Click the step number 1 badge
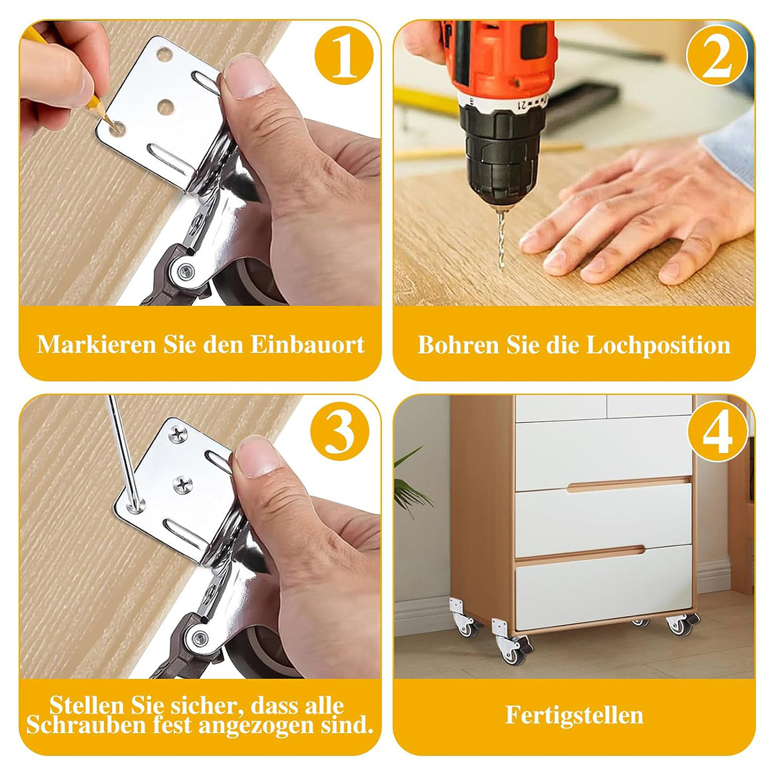point(344,55)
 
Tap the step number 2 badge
point(717,55)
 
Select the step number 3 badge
point(340,431)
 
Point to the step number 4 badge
point(718,431)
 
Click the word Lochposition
point(658,346)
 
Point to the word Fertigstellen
point(574,715)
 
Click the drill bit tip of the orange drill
point(501,269)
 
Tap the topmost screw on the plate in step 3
point(178,434)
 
